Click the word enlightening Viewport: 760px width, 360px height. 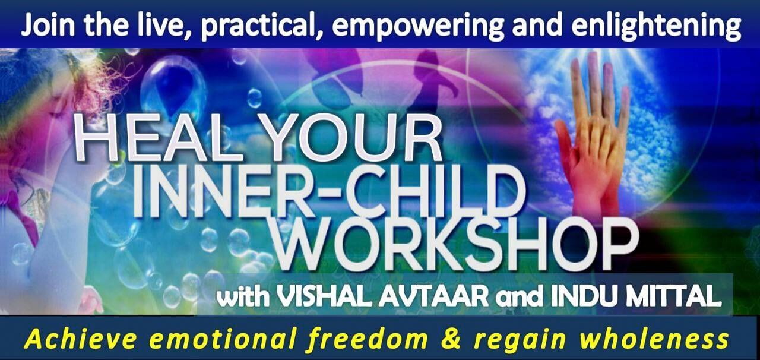[x=656, y=27]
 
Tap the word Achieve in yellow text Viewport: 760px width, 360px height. [x=80, y=339]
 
